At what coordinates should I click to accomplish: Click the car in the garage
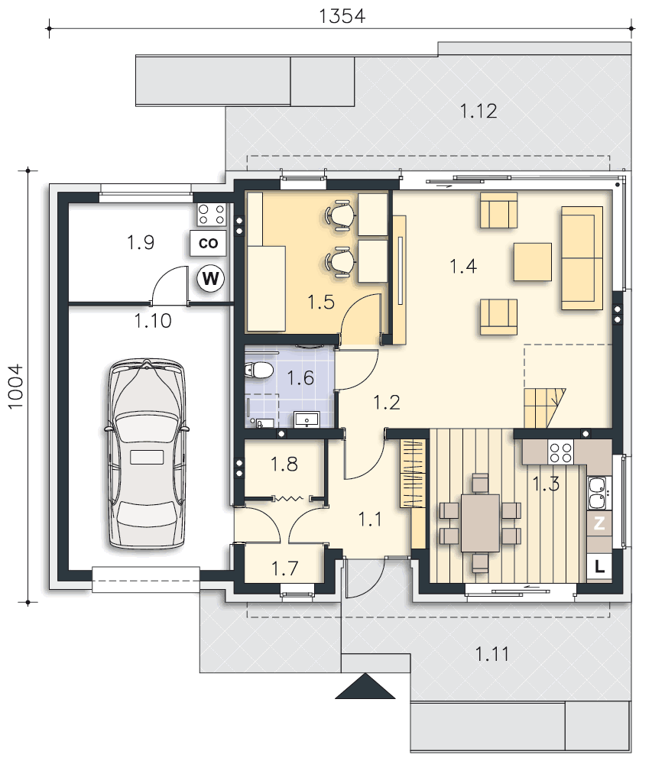pyautogui.click(x=146, y=454)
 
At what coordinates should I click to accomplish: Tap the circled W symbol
pyautogui.click(x=210, y=279)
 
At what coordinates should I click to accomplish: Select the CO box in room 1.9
pyautogui.click(x=208, y=243)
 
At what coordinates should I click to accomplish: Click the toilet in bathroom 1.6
pyautogui.click(x=258, y=371)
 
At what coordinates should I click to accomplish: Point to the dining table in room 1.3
pyautogui.click(x=480, y=523)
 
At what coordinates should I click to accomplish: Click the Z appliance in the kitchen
pyautogui.click(x=599, y=523)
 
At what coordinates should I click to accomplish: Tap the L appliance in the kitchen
pyautogui.click(x=599, y=567)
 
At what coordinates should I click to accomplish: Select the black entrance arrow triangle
pyautogui.click(x=365, y=686)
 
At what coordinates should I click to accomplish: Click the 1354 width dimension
pyautogui.click(x=342, y=16)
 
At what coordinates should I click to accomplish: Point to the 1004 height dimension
pyautogui.click(x=15, y=387)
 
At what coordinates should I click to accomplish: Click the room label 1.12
pyautogui.click(x=478, y=111)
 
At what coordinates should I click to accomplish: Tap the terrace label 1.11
pyautogui.click(x=491, y=653)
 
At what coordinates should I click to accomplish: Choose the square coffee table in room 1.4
pyautogui.click(x=532, y=262)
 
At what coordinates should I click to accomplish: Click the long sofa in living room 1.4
pyautogui.click(x=582, y=257)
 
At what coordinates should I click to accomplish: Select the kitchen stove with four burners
pyautogui.click(x=560, y=452)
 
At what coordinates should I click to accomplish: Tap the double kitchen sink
pyautogui.click(x=598, y=493)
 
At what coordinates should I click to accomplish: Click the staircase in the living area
pyautogui.click(x=545, y=408)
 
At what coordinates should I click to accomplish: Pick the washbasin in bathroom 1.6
pyautogui.click(x=307, y=419)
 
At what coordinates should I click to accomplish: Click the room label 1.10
pyautogui.click(x=153, y=321)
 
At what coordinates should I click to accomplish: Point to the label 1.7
pyautogui.click(x=284, y=568)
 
